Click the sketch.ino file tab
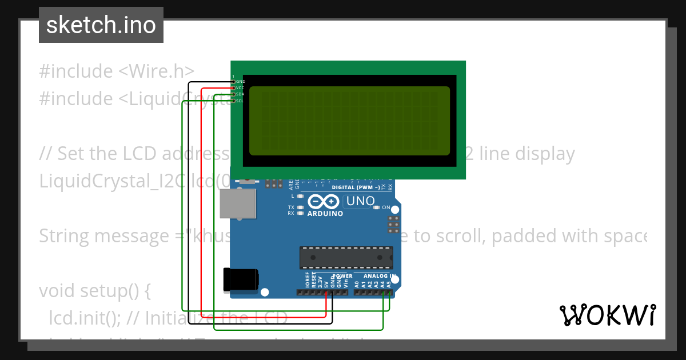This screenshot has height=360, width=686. point(101,25)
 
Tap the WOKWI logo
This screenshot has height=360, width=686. point(607,315)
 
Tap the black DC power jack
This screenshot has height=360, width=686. point(241,279)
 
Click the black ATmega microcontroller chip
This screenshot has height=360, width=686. point(346,258)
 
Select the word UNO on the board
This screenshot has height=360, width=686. point(361,201)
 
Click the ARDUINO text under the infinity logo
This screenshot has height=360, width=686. point(325,214)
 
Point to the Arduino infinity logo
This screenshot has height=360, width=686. point(324,202)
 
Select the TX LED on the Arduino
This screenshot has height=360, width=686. point(300,207)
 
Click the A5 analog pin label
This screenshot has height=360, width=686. point(389,283)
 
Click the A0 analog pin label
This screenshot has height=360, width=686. point(357,283)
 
